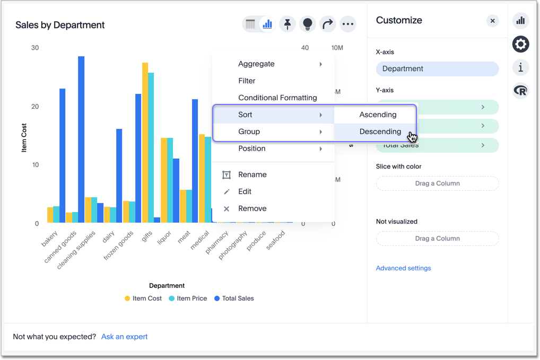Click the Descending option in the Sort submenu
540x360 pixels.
pos(380,131)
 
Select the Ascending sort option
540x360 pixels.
pos(378,115)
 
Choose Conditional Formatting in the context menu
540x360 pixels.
pos(277,98)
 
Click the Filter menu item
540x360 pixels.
pos(247,81)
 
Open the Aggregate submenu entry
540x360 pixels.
pos(256,64)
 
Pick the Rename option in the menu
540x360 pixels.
pos(252,174)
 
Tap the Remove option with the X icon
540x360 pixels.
pos(252,208)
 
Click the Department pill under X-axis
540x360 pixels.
pos(437,68)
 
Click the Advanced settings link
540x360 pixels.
pos(403,268)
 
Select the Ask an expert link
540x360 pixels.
pos(124,337)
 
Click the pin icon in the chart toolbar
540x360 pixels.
pos(288,24)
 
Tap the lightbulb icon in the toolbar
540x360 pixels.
pos(308,24)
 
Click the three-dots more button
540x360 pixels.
pos(348,24)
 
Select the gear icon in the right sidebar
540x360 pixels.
pos(521,44)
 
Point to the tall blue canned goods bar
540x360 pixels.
pos(81,138)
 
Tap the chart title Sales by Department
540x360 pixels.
pos(60,25)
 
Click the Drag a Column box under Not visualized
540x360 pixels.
pos(437,239)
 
